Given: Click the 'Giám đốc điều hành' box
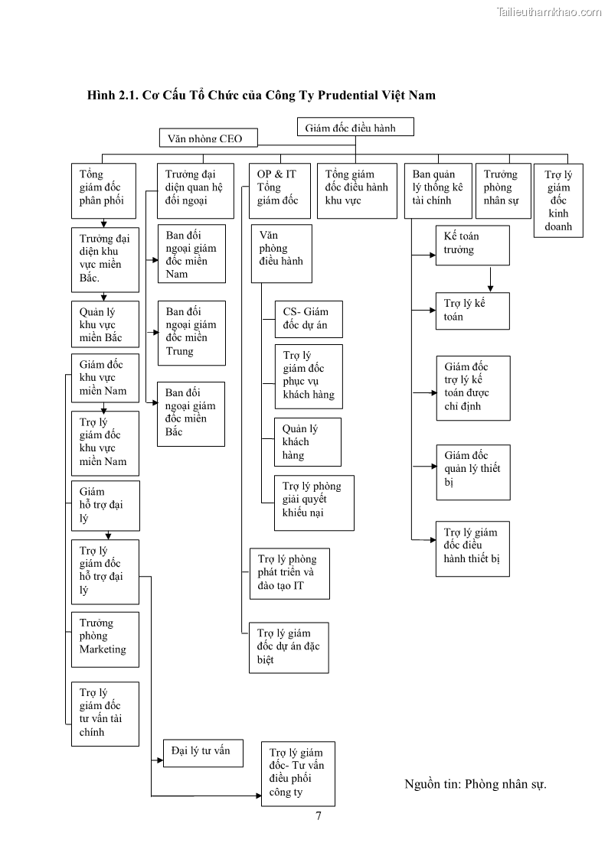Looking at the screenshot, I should click(355, 127).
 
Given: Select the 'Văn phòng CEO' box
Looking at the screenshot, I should click(208, 138).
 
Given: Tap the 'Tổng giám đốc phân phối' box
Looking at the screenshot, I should click(103, 190).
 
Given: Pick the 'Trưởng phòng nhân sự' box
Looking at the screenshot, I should click(502, 190).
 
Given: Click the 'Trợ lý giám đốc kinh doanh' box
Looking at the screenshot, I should click(558, 200).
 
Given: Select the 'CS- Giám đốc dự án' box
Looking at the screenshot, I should click(308, 319).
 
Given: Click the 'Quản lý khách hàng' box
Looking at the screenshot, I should click(307, 442).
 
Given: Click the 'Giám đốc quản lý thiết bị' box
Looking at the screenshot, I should click(472, 469).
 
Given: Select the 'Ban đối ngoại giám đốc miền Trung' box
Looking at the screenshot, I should click(191, 333).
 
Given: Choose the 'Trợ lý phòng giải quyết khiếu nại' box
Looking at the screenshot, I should click(314, 502).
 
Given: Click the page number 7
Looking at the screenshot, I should click(319, 815).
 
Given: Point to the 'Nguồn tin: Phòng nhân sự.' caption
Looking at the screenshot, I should click(475, 784).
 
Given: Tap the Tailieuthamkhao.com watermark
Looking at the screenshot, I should click(549, 11).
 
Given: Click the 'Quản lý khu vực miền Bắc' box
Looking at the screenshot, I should click(105, 325).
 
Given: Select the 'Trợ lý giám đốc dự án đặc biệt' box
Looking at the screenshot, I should click(289, 647).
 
